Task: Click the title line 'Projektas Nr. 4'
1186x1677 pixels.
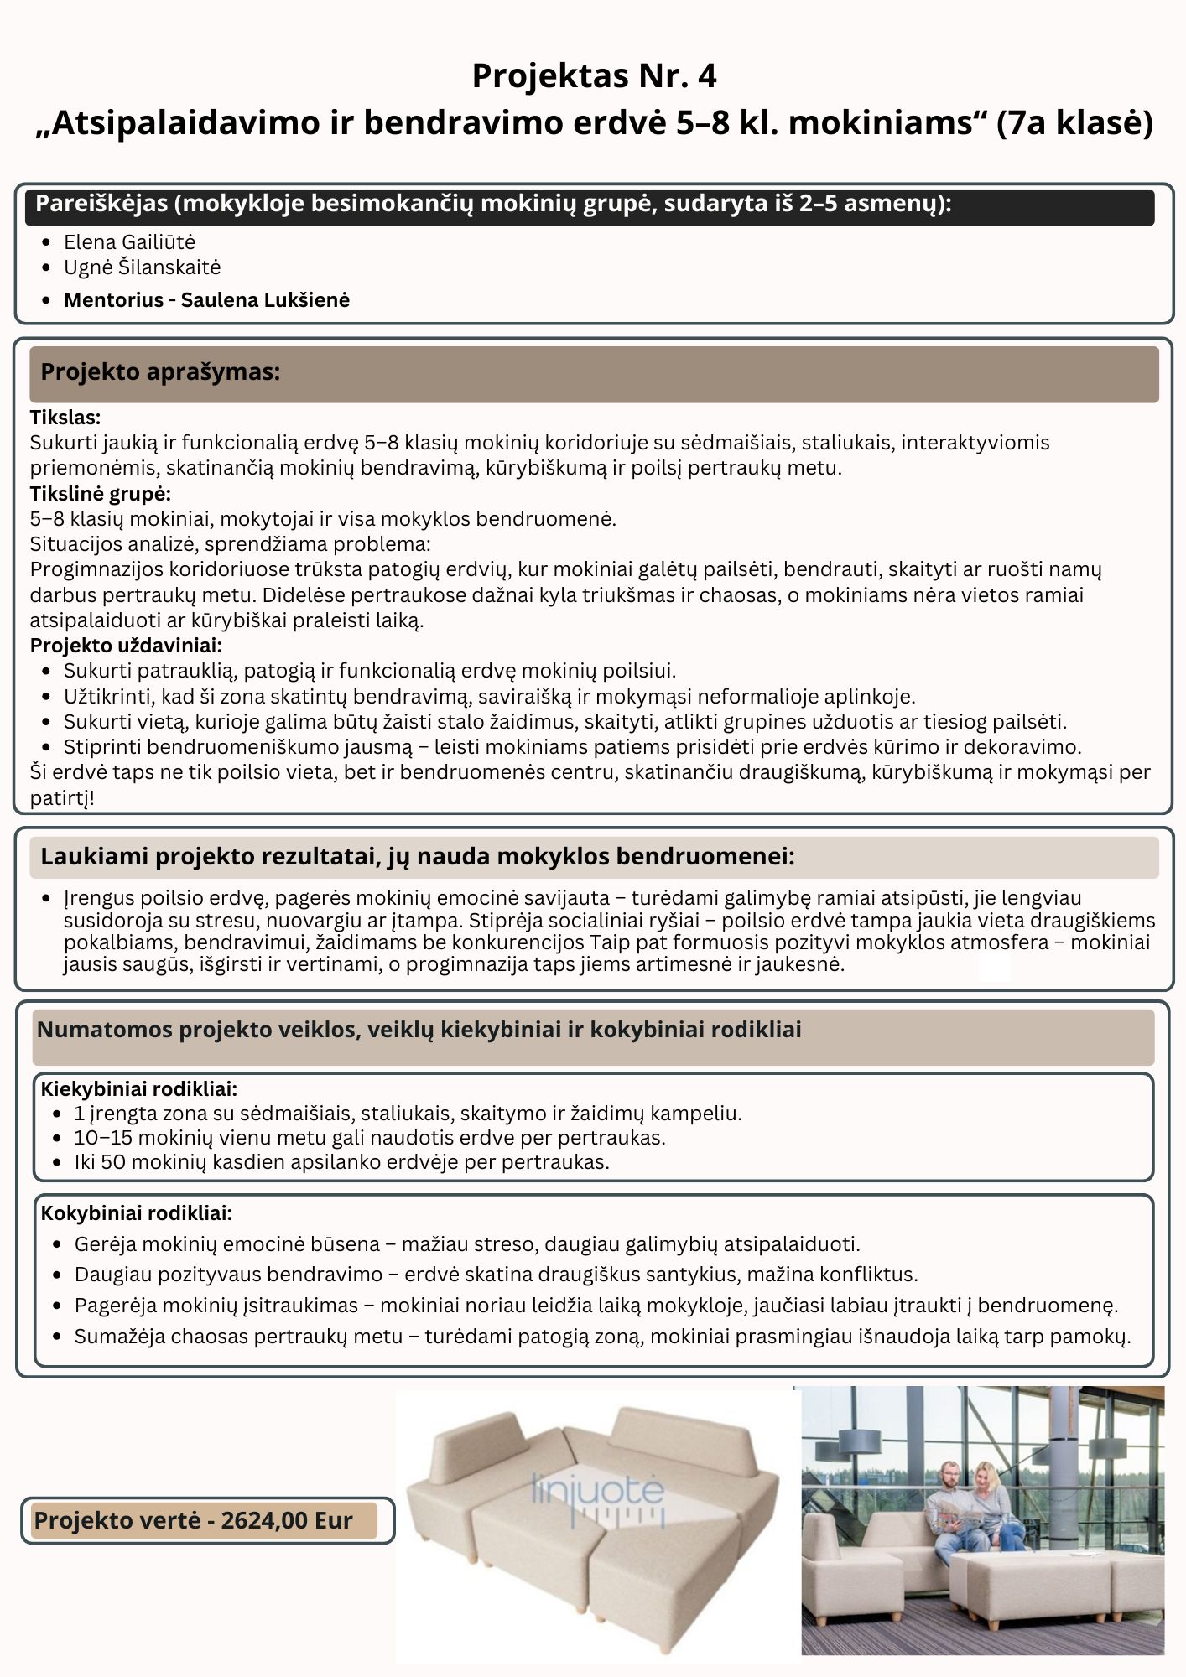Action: tap(594, 76)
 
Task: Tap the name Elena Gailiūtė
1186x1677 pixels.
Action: tap(129, 242)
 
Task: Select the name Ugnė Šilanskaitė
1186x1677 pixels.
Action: tap(142, 267)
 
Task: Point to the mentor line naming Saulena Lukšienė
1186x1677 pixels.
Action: tap(206, 300)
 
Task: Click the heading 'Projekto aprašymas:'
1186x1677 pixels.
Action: tap(160, 372)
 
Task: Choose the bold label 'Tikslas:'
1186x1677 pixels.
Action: tap(65, 417)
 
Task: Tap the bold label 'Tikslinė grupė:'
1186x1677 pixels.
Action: tap(101, 493)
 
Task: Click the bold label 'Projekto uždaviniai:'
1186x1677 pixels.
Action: tap(126, 645)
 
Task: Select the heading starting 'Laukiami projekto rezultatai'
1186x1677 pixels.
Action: tap(417, 856)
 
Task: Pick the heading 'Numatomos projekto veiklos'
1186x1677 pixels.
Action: tap(419, 1030)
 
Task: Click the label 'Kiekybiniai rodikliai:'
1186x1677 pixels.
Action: tap(139, 1088)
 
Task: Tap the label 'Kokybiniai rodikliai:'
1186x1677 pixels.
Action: tap(137, 1212)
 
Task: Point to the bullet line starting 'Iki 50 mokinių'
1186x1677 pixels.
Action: tap(341, 1162)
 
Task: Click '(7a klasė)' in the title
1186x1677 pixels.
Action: tap(1074, 123)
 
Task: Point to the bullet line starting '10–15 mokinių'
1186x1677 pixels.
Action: tap(369, 1138)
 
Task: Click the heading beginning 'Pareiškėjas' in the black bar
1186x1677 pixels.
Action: tap(493, 205)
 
